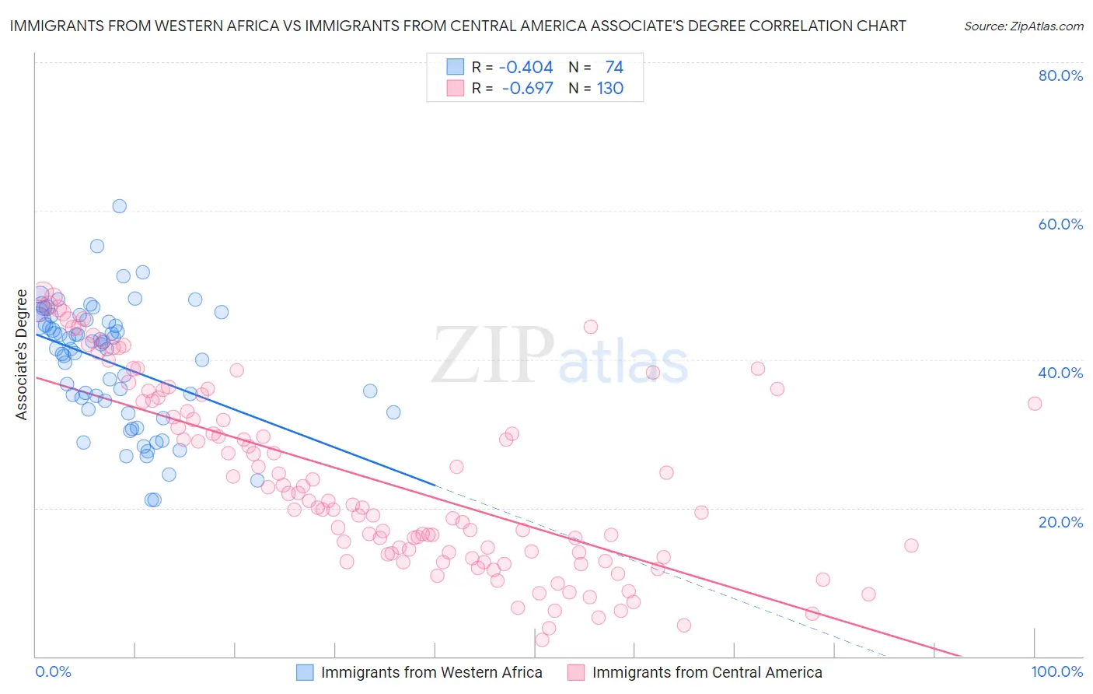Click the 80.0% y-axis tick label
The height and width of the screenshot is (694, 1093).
point(1060,75)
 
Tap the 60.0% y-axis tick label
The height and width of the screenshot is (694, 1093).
point(1060,224)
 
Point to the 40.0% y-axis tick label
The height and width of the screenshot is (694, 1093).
point(1060,373)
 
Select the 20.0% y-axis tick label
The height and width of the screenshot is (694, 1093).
point(1060,521)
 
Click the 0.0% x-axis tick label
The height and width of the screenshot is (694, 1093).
point(53,671)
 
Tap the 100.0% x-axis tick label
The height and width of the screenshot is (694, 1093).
point(1056,671)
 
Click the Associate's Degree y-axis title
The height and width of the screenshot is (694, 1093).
point(21,355)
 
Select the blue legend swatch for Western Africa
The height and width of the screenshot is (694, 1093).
point(306,672)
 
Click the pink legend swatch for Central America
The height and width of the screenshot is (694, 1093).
point(576,672)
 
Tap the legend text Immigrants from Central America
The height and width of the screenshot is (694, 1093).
point(707,672)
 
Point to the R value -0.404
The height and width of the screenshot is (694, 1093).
point(526,68)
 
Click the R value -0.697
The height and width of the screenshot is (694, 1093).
point(528,89)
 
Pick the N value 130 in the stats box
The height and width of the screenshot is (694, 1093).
point(610,89)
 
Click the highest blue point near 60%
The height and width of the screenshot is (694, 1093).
point(119,206)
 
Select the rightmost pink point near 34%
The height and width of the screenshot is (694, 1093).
point(1035,403)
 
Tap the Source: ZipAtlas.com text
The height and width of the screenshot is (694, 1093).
point(1023,26)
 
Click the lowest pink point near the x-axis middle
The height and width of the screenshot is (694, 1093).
point(543,640)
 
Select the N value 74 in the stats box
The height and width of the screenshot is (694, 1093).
point(614,68)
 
